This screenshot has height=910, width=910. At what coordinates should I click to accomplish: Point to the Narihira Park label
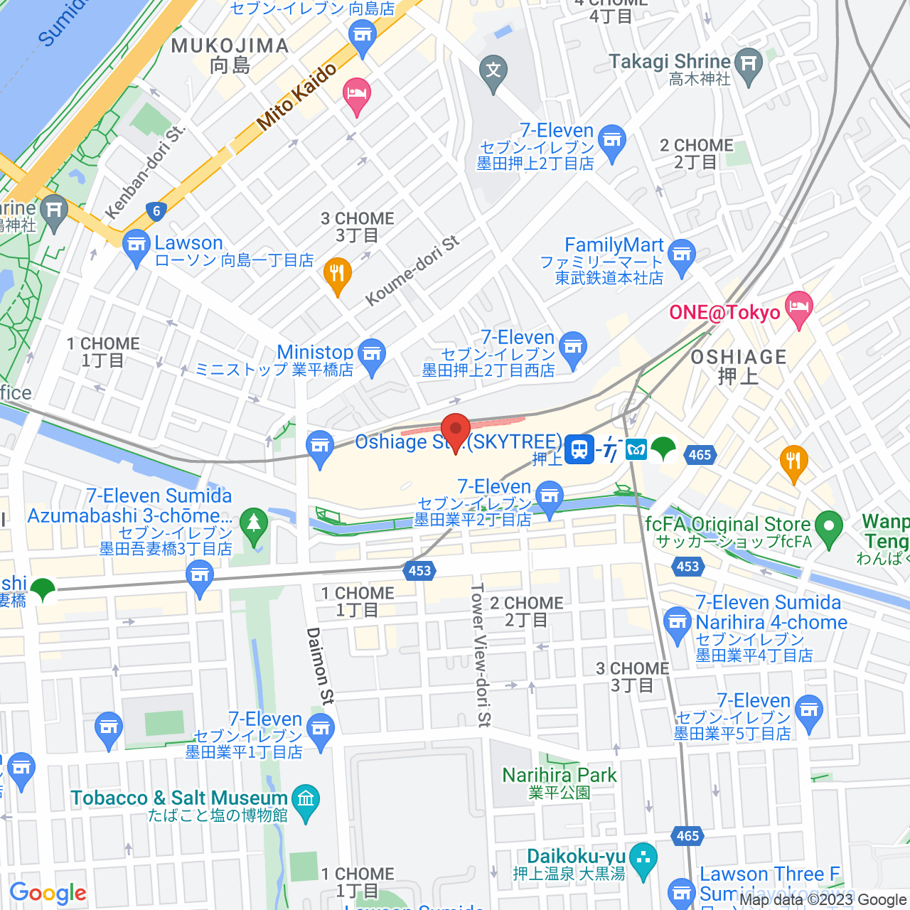tap(560, 775)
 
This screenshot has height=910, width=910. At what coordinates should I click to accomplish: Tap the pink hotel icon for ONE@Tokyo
tap(799, 309)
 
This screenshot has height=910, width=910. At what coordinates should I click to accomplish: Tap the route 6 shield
tap(156, 210)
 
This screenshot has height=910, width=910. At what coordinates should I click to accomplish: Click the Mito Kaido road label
tap(296, 97)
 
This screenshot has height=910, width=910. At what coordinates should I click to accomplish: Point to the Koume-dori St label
tap(412, 271)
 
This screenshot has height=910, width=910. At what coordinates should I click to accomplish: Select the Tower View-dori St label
tap(481, 655)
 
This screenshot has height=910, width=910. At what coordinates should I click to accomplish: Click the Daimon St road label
tap(319, 666)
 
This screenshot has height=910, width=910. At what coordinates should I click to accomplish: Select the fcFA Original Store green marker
tap(828, 528)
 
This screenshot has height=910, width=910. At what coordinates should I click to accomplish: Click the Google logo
tap(48, 893)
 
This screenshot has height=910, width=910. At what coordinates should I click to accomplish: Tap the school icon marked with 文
tap(493, 71)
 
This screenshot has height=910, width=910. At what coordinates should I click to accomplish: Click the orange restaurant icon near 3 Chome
tap(338, 274)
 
